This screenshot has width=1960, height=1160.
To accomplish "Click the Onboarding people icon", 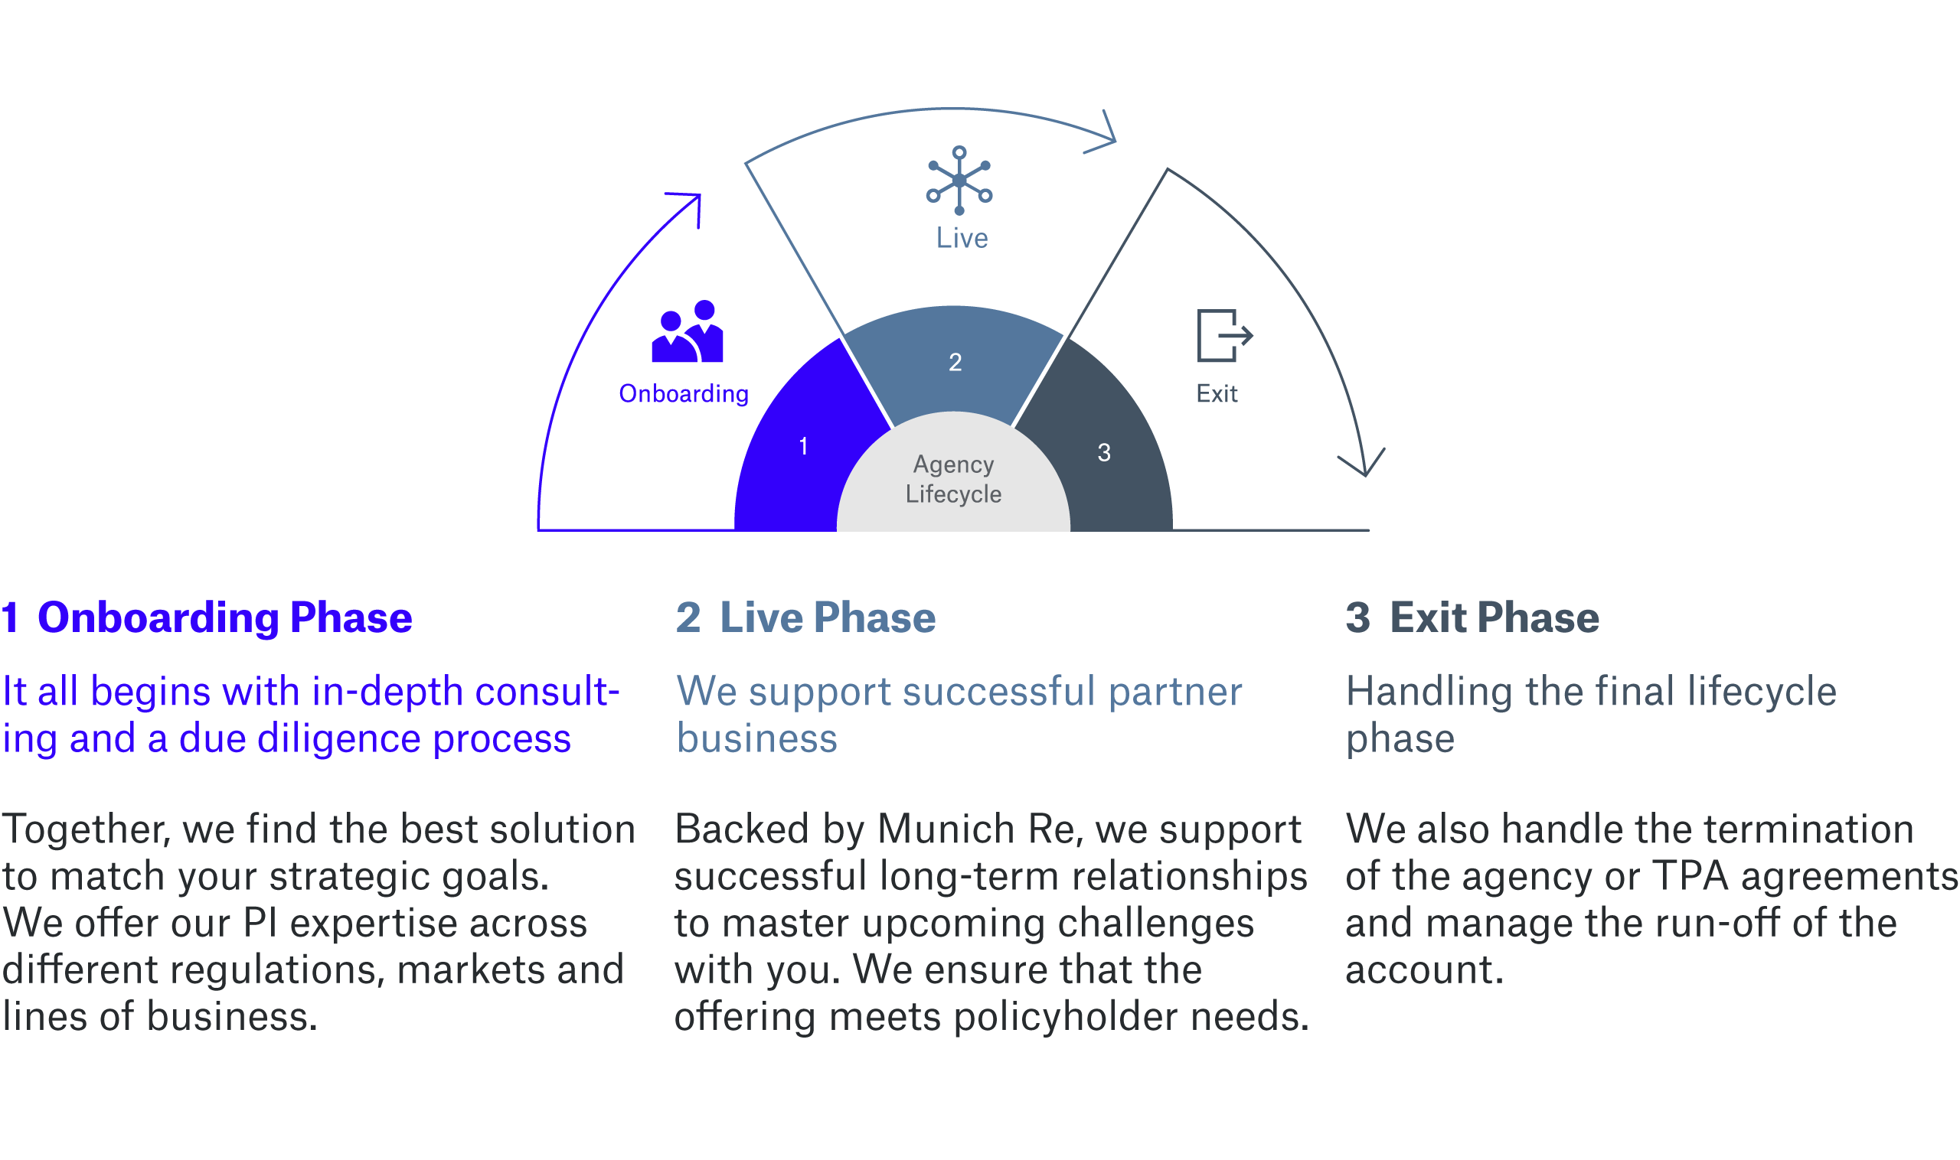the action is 687,331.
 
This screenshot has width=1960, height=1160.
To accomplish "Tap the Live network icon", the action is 959,181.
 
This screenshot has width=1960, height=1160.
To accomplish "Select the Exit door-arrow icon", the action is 1225,335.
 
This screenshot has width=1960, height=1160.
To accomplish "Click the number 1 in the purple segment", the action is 803,446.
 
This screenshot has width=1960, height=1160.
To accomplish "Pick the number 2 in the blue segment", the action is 955,362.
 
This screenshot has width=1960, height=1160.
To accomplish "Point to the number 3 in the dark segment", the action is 1103,452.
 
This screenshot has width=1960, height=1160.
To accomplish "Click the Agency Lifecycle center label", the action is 953,479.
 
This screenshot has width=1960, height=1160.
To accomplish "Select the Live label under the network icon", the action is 962,238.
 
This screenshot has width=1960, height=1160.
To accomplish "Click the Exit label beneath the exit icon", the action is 1217,393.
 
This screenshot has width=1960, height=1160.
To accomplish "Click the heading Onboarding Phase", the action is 224,617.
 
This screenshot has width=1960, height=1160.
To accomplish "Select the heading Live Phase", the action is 828,617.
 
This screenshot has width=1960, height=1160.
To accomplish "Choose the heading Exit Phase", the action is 1494,617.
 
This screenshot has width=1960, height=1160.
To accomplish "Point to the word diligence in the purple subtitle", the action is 338,738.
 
